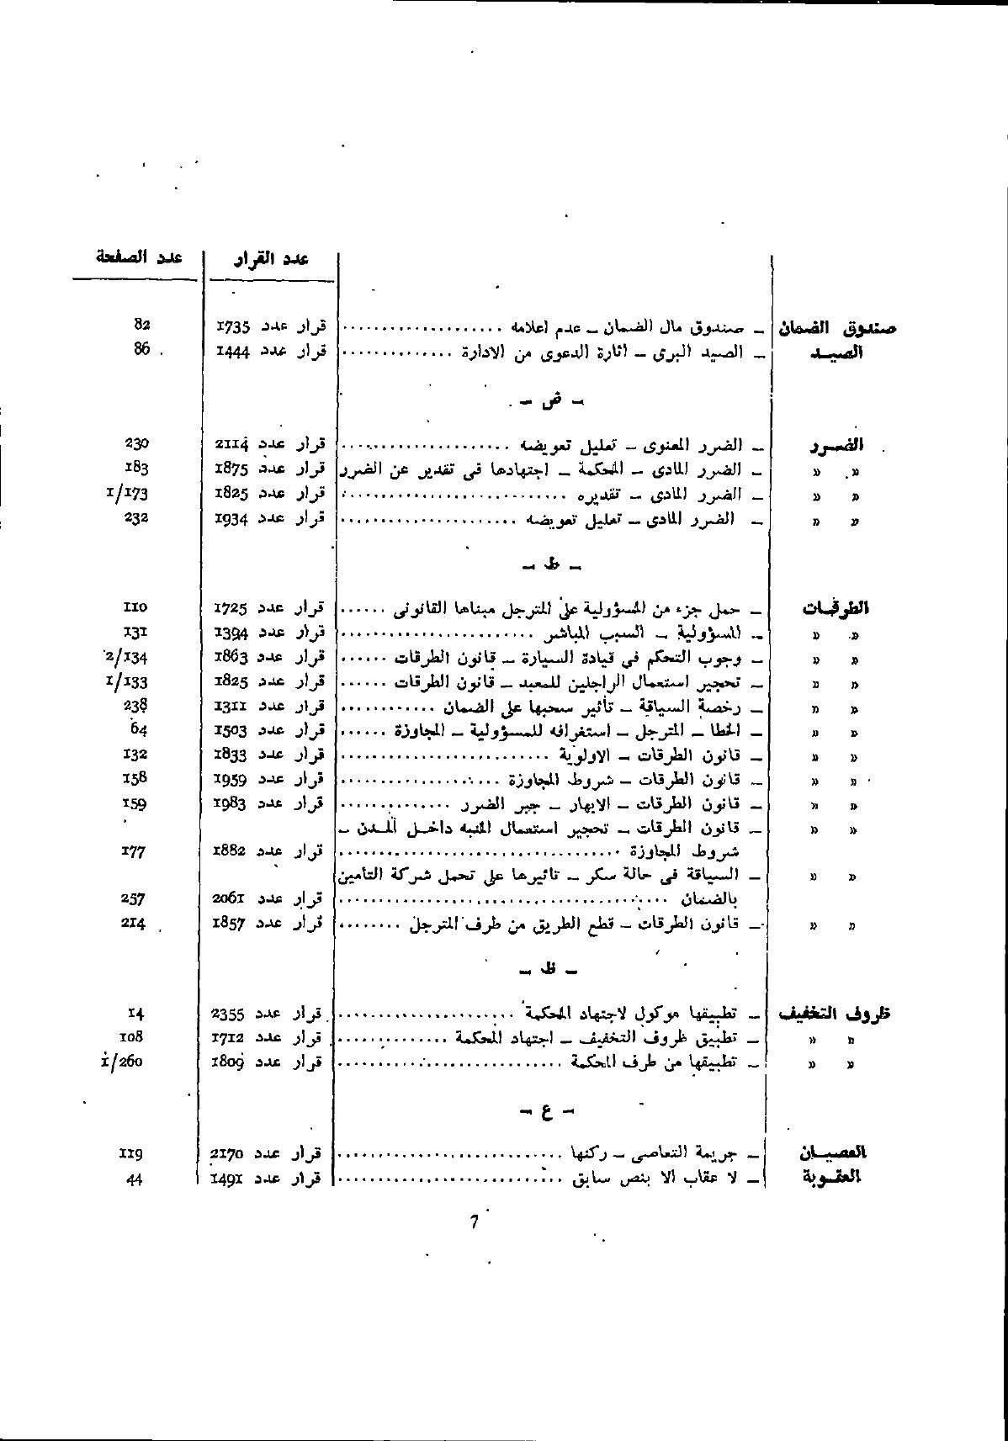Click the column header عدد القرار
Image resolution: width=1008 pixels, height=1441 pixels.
point(271,258)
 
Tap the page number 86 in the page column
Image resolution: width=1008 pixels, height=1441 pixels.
point(141,349)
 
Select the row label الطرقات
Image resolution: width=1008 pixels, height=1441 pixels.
point(835,608)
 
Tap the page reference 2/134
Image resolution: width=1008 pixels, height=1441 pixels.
point(127,656)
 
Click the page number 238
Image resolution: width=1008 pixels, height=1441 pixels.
point(135,705)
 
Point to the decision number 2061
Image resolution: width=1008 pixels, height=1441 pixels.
point(229,899)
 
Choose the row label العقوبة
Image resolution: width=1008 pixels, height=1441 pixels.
point(832,1177)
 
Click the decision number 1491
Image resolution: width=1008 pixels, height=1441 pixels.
point(228,1178)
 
